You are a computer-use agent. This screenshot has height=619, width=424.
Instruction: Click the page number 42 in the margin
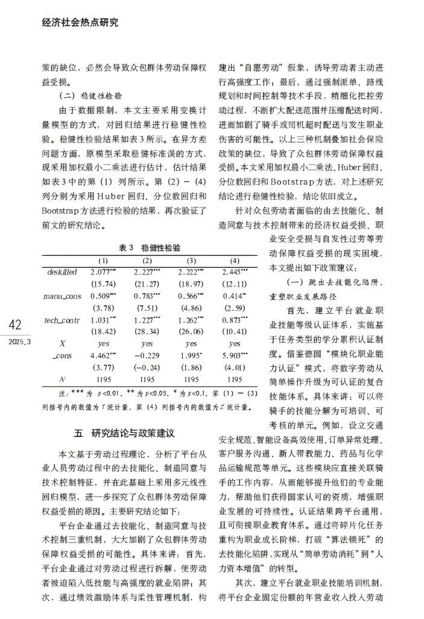[x=15, y=326]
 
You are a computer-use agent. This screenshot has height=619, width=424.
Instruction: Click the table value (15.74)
[x=103, y=284]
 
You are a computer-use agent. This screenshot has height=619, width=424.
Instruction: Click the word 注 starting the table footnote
[x=47, y=393]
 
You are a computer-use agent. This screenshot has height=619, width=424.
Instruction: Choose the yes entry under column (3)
[x=191, y=343]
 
